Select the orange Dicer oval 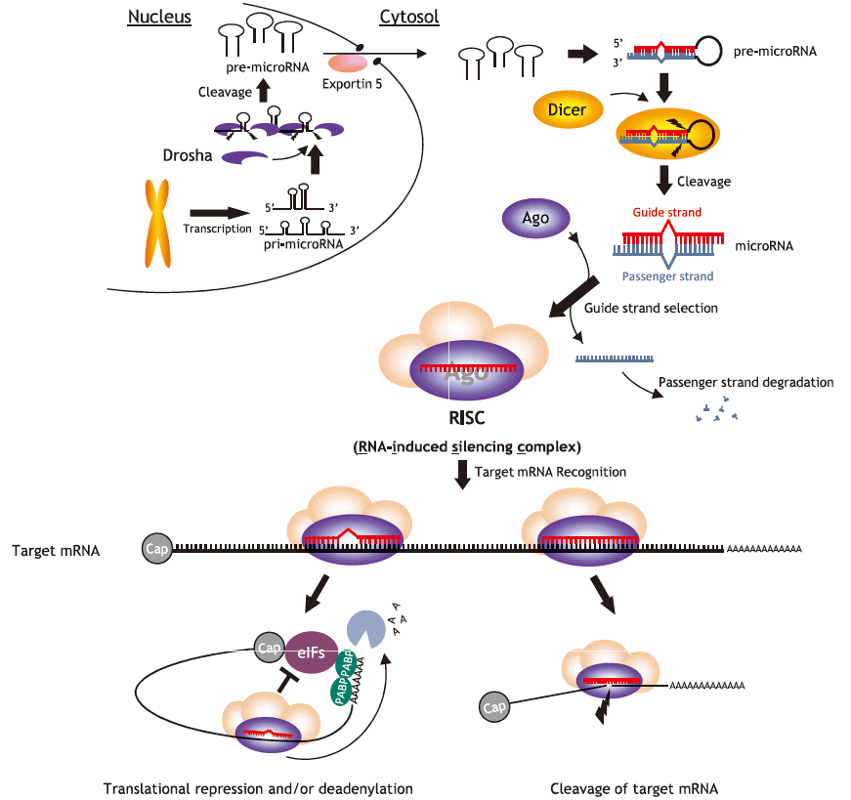pos(567,109)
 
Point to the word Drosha pos(187,155)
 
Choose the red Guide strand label pos(666,212)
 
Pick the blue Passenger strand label pos(666,276)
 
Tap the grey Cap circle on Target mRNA pos(157,549)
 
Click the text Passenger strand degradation pos(745,382)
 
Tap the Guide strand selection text pos(651,308)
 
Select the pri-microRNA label pos(303,245)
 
